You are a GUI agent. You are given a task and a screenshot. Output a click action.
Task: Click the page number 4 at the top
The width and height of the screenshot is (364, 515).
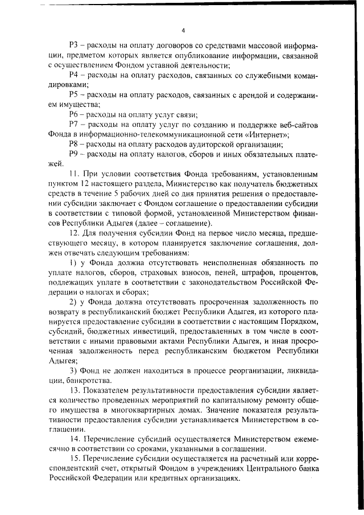183,30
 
